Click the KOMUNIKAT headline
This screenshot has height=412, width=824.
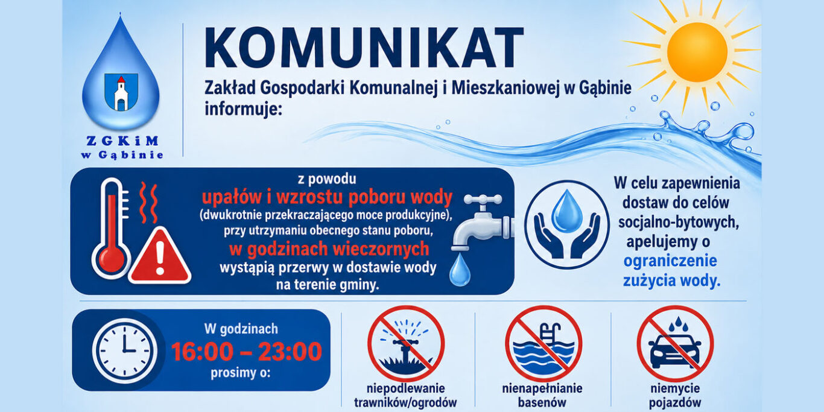point(364,48)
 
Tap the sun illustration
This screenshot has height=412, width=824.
point(697,52)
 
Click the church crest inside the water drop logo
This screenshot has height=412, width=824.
point(121,92)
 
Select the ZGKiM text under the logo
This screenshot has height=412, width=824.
point(122,141)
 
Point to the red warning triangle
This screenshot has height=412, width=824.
point(160,256)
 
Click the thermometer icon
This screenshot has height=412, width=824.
point(111,228)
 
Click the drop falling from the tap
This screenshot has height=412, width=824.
point(460,270)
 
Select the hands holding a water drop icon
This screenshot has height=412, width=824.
point(567,224)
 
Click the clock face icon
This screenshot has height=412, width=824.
point(125,350)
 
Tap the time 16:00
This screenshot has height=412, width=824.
point(202,352)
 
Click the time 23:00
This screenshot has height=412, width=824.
point(290,352)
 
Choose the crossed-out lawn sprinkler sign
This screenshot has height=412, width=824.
point(406,344)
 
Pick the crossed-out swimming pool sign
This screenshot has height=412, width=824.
point(544,344)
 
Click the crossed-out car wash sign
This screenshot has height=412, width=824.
point(675,344)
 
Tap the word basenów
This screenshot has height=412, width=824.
point(542,402)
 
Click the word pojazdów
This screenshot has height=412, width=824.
point(675,402)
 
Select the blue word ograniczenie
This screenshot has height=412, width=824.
point(670,261)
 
